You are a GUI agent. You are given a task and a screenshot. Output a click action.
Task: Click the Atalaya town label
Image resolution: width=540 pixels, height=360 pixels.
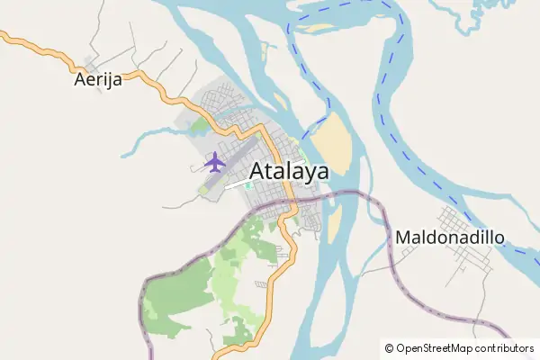tap(288, 171)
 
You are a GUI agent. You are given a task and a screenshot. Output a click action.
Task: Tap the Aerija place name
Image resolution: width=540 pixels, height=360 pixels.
tap(97, 80)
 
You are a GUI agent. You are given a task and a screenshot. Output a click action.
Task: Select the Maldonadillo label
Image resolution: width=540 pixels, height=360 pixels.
tap(449, 238)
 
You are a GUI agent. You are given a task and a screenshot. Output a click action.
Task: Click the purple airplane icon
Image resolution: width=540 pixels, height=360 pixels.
tap(214, 163)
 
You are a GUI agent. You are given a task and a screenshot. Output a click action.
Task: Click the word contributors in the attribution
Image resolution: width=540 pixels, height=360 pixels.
tap(505, 347)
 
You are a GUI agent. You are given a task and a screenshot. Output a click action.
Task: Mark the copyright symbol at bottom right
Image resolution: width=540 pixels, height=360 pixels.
tap(389, 347)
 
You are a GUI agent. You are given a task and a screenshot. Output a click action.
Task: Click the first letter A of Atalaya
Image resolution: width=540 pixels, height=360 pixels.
tap(258, 171)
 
